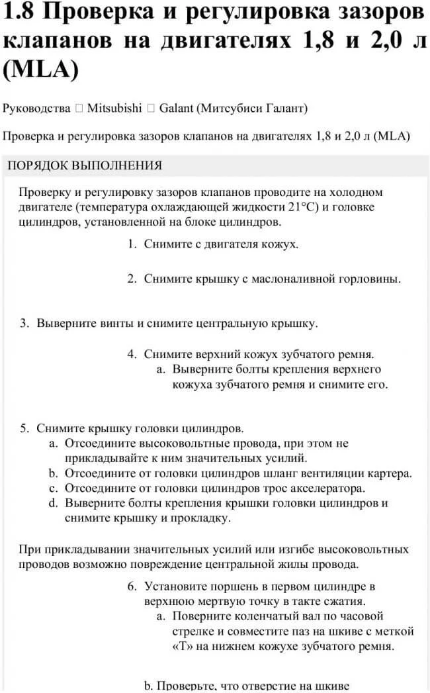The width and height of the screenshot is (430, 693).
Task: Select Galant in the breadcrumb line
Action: (x=177, y=107)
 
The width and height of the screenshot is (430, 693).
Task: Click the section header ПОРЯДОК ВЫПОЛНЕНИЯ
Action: (x=85, y=165)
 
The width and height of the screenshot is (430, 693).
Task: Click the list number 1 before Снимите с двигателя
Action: (x=132, y=244)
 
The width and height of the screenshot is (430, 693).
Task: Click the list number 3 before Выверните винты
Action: (x=24, y=324)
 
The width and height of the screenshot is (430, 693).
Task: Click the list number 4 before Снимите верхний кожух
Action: (x=132, y=354)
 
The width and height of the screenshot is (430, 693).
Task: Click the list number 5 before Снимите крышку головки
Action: (x=24, y=428)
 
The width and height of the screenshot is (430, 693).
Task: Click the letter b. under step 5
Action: (x=53, y=473)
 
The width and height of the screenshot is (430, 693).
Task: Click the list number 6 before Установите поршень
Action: (x=132, y=586)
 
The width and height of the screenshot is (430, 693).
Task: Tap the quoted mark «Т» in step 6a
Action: (x=182, y=646)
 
